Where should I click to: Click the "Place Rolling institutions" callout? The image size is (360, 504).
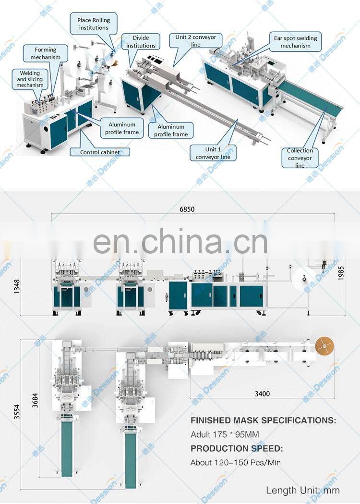point(94,24)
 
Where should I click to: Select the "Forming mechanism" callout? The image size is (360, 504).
point(46,53)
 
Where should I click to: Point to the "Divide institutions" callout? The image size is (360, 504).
point(141,42)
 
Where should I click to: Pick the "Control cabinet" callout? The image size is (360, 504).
point(94,152)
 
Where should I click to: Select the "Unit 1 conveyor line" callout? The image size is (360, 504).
point(213,153)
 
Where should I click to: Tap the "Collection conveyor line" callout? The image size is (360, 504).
point(300,158)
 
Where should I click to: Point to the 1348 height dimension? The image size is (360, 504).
point(18,286)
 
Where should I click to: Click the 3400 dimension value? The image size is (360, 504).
point(262,393)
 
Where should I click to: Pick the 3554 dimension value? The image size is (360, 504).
point(17,411)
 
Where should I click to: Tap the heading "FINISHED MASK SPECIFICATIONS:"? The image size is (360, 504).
point(264,420)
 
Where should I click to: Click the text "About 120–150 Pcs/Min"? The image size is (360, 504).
point(236,463)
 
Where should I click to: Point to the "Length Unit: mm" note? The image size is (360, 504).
point(303,491)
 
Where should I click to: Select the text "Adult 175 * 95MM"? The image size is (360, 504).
point(225,435)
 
